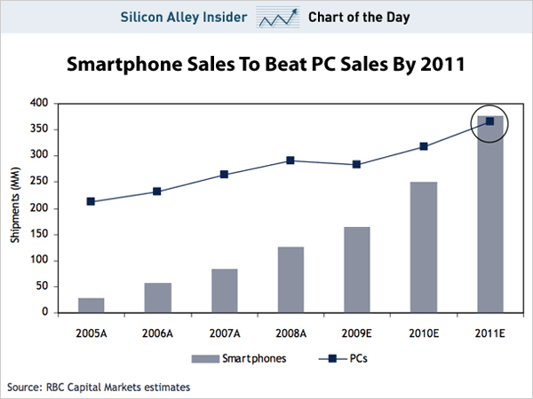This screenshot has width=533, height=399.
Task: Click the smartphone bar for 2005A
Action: [91, 305]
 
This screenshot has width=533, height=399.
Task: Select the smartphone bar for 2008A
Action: [290, 279]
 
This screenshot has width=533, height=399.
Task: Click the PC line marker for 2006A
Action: [156, 192]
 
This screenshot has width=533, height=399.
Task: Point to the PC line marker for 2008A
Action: [290, 160]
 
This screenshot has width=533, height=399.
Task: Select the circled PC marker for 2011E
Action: [489, 121]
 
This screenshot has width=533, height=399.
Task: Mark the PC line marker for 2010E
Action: [423, 146]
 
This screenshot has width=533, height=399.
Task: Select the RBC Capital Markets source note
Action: [98, 387]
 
